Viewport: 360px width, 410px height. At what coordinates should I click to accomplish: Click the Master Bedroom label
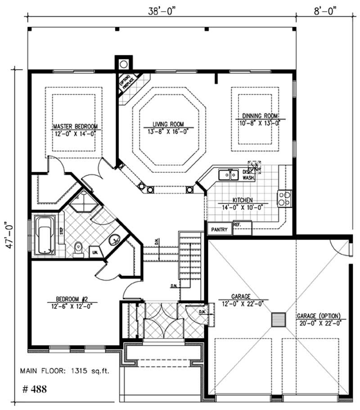[x=75, y=126]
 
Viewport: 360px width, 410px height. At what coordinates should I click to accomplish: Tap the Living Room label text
[x=168, y=124]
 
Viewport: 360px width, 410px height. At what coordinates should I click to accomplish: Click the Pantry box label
[x=220, y=230]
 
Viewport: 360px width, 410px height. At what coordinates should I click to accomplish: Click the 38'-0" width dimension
[x=161, y=10]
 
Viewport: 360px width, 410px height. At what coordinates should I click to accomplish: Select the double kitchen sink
[x=229, y=174]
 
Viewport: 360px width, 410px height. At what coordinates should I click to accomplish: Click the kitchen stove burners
[x=284, y=198]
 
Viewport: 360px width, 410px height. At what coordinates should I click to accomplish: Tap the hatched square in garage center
[x=279, y=320]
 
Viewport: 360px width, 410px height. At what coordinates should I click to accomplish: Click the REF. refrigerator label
[x=237, y=223]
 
